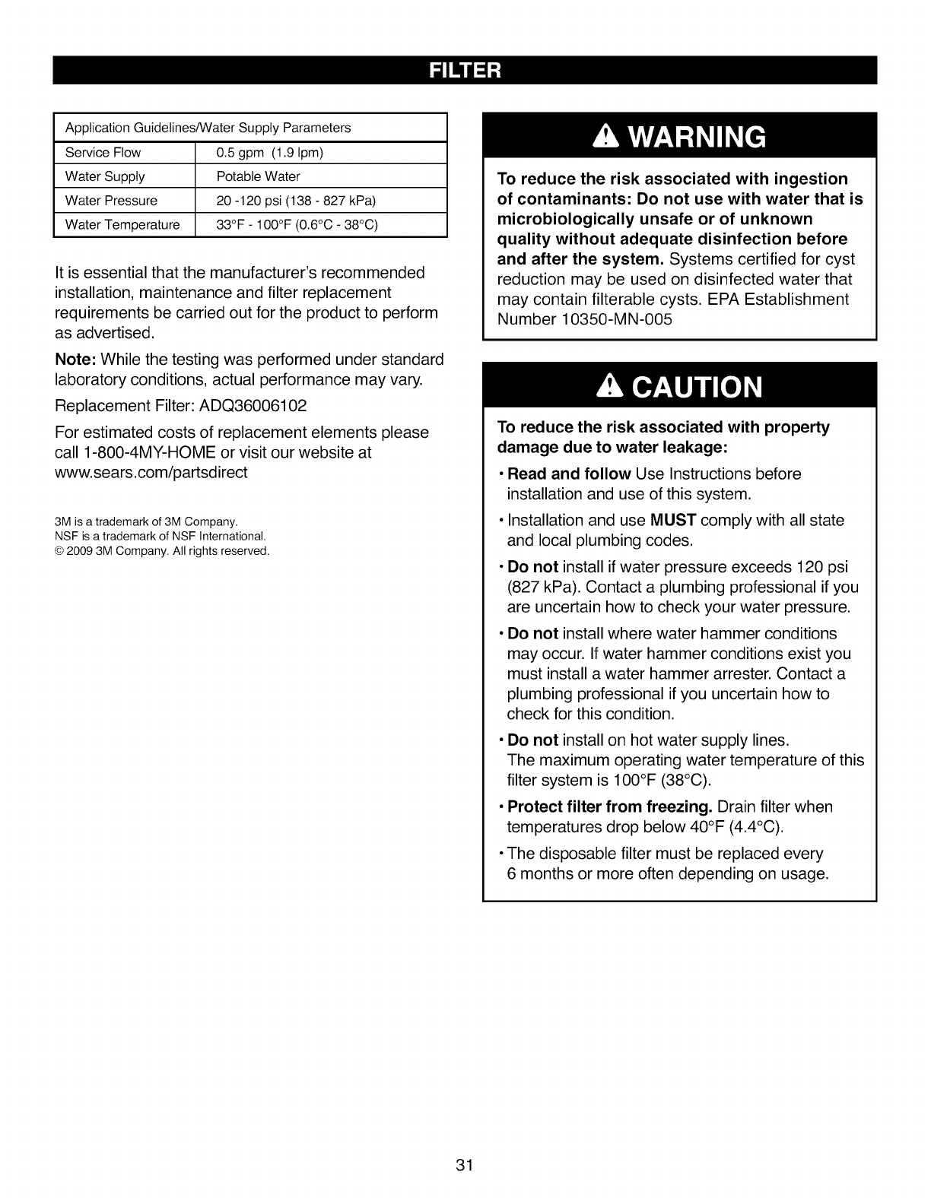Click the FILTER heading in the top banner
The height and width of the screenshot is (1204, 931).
point(465,71)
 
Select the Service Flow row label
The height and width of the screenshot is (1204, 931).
point(103,152)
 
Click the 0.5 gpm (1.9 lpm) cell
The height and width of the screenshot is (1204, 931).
point(270,152)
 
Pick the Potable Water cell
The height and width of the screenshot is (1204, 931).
point(259,176)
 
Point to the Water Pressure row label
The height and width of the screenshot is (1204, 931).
point(111,201)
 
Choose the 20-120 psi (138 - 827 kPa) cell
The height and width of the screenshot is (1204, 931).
point(297,201)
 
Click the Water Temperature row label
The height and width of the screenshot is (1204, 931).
point(122,224)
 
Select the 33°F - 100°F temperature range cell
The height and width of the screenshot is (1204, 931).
point(297,224)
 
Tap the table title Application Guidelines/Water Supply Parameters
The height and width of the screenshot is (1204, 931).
point(208,128)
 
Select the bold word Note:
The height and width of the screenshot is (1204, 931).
point(75,359)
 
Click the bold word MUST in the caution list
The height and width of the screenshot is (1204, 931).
point(673,521)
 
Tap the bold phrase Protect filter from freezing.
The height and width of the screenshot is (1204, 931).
point(609,806)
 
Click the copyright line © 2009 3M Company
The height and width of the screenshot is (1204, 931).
point(162,550)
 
